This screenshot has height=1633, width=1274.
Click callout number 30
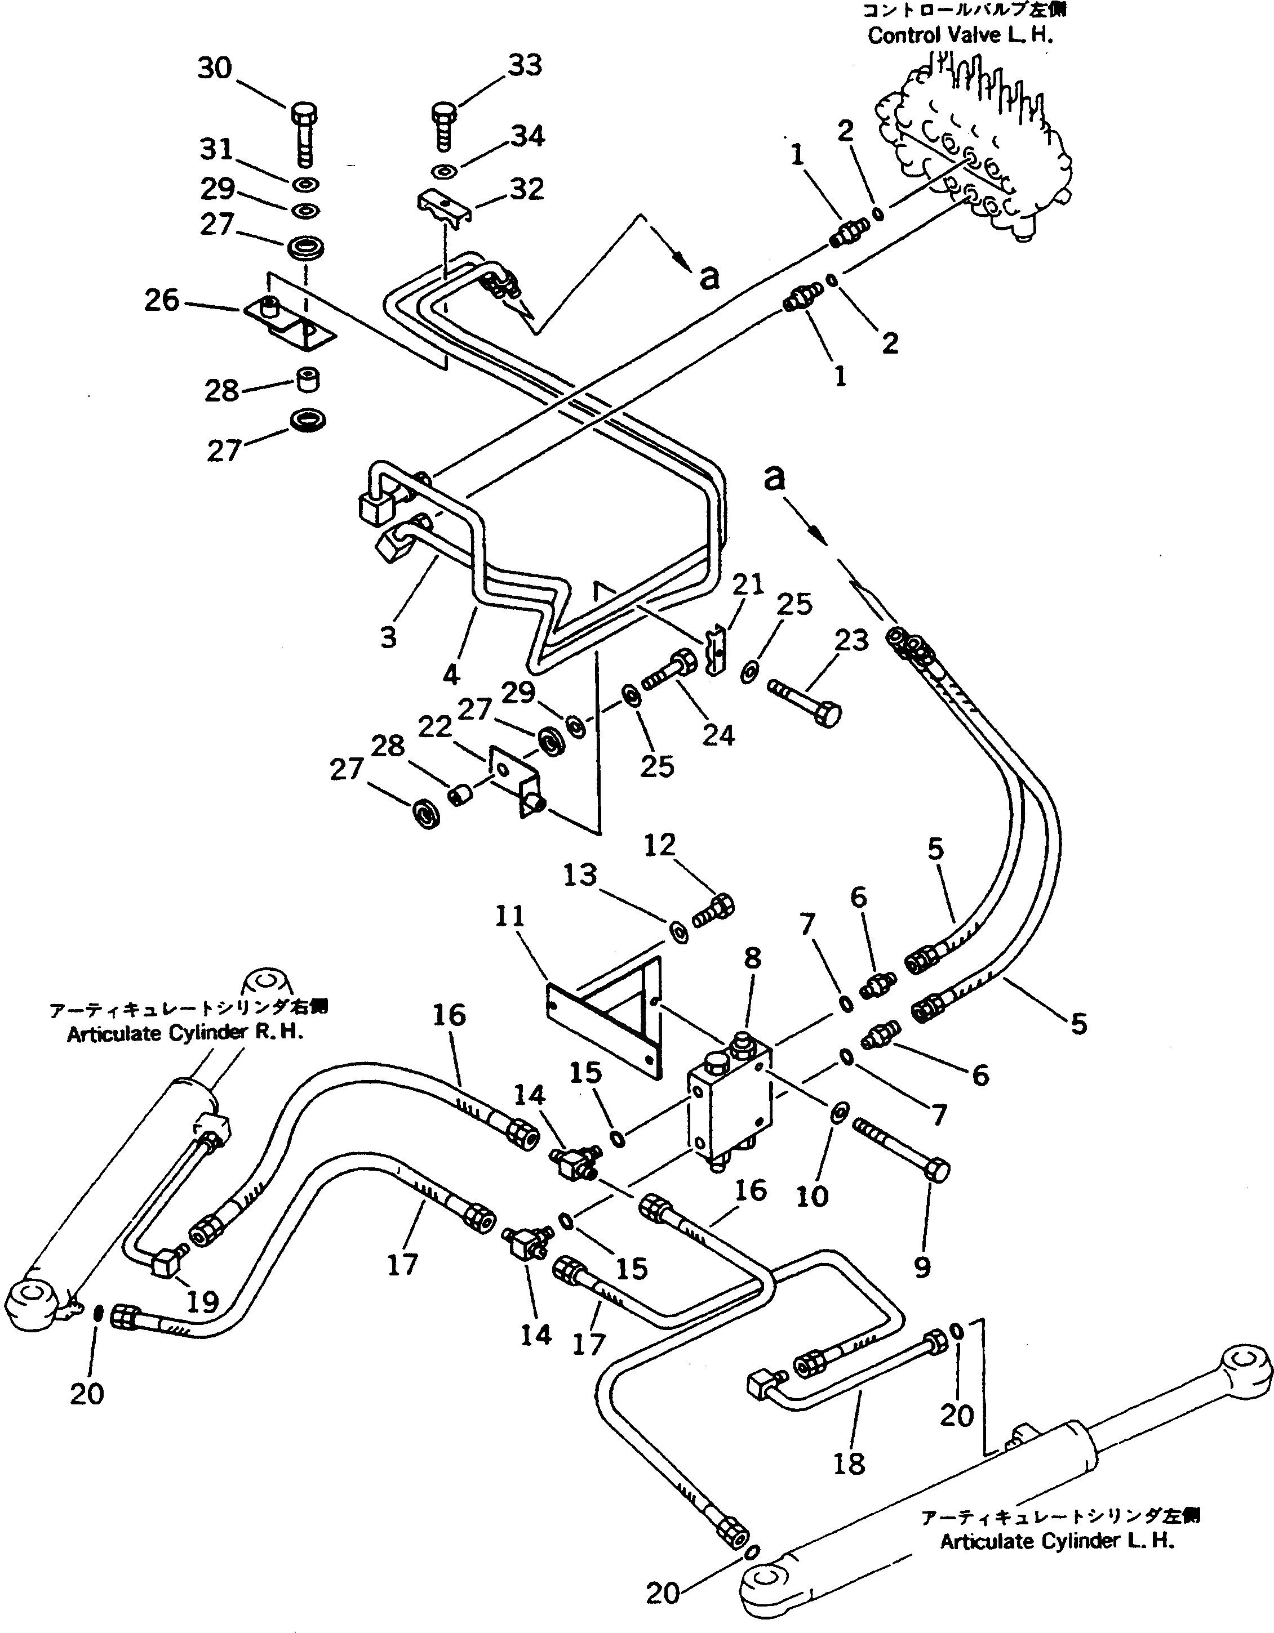215,69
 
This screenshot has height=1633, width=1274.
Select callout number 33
525,66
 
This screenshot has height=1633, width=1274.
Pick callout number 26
162,301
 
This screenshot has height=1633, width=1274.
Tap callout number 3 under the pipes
388,637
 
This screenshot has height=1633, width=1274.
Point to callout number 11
510,917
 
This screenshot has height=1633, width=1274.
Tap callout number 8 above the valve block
752,958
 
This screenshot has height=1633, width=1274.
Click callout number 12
659,846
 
